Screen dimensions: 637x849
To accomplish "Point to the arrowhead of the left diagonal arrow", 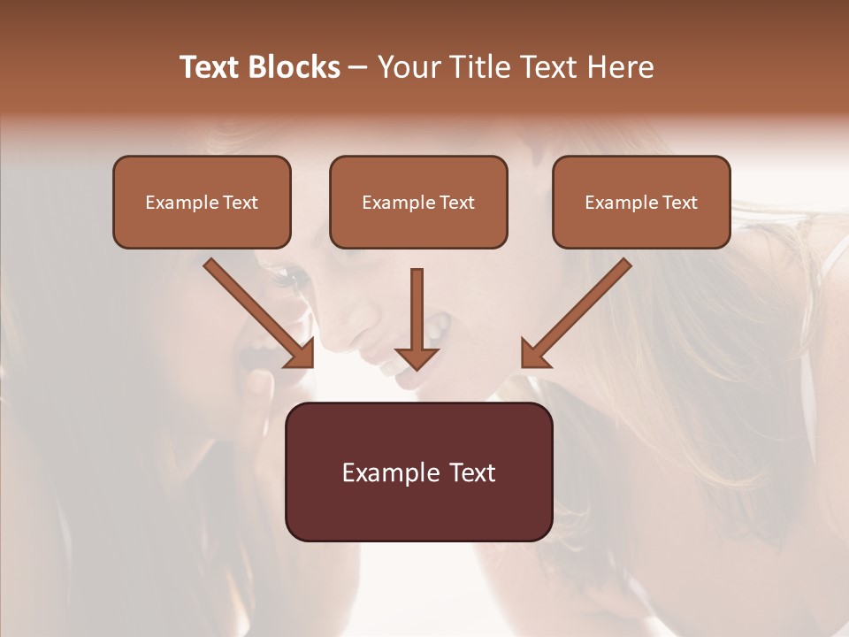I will [301, 354].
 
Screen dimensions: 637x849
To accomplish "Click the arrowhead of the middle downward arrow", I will [417, 358].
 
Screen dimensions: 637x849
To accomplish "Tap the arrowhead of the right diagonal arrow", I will [534, 354].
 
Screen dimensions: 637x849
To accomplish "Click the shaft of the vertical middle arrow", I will [417, 305].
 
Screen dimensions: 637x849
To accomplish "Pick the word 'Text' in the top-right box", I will [679, 203].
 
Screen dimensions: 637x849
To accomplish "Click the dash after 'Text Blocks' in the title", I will [358, 67].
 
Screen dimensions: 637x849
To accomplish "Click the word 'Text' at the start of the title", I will [210, 67].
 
